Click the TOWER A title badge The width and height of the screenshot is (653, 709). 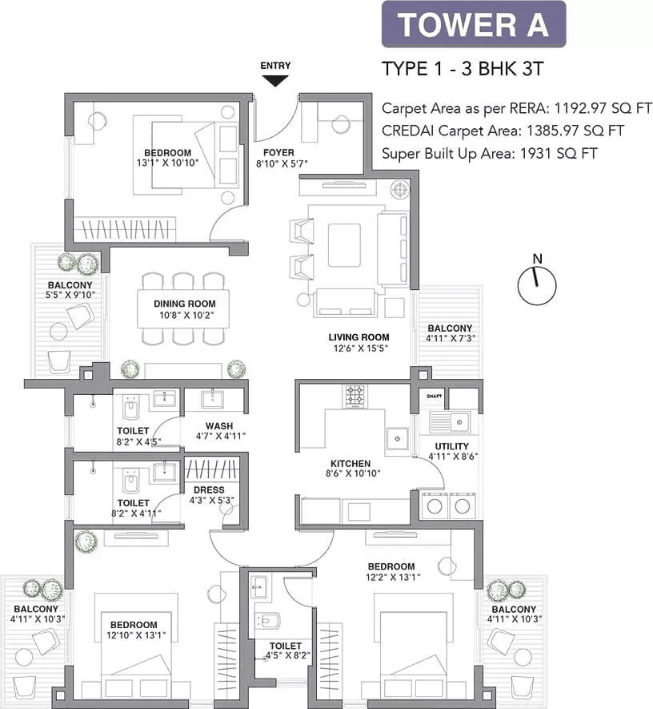(x=473, y=24)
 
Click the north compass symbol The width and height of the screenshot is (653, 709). (x=537, y=283)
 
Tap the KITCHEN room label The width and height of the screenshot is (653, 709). (x=351, y=463)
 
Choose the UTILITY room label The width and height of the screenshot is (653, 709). (x=451, y=446)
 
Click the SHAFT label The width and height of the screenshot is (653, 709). (x=435, y=396)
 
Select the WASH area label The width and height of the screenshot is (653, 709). (x=218, y=425)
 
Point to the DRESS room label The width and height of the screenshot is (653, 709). (x=209, y=489)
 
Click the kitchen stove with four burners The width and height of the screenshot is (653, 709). (x=355, y=394)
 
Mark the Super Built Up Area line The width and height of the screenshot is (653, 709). (x=489, y=154)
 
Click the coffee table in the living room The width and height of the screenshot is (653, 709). (x=343, y=244)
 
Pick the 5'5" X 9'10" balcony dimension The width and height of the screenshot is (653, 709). (x=70, y=296)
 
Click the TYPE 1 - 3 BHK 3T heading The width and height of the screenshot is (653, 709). (x=463, y=68)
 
